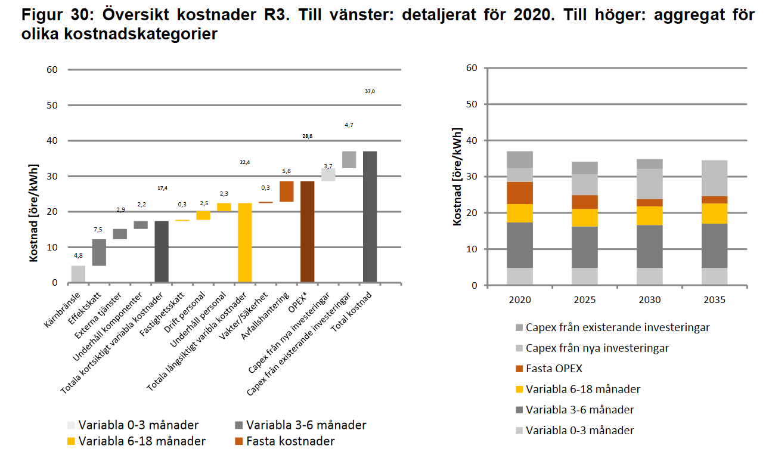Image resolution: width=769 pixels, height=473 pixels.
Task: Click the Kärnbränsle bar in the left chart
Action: (x=78, y=274)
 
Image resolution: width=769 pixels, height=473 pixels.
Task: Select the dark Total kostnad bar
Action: (x=370, y=217)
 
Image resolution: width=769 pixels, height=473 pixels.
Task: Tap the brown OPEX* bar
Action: (x=307, y=231)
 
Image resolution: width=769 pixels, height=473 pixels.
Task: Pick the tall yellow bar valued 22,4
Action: (x=244, y=242)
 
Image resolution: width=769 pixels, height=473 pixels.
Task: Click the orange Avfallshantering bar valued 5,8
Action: (x=286, y=191)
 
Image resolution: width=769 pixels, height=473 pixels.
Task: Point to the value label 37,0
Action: (x=370, y=91)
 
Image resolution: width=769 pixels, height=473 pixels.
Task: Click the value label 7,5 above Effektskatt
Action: (x=99, y=230)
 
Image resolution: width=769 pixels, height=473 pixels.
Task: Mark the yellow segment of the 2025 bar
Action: (x=585, y=218)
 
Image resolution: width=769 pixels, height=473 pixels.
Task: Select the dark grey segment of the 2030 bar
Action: (x=649, y=246)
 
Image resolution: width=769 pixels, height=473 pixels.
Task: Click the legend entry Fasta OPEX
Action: (x=554, y=369)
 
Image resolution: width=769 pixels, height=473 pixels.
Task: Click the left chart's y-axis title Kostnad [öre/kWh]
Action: (x=35, y=212)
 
